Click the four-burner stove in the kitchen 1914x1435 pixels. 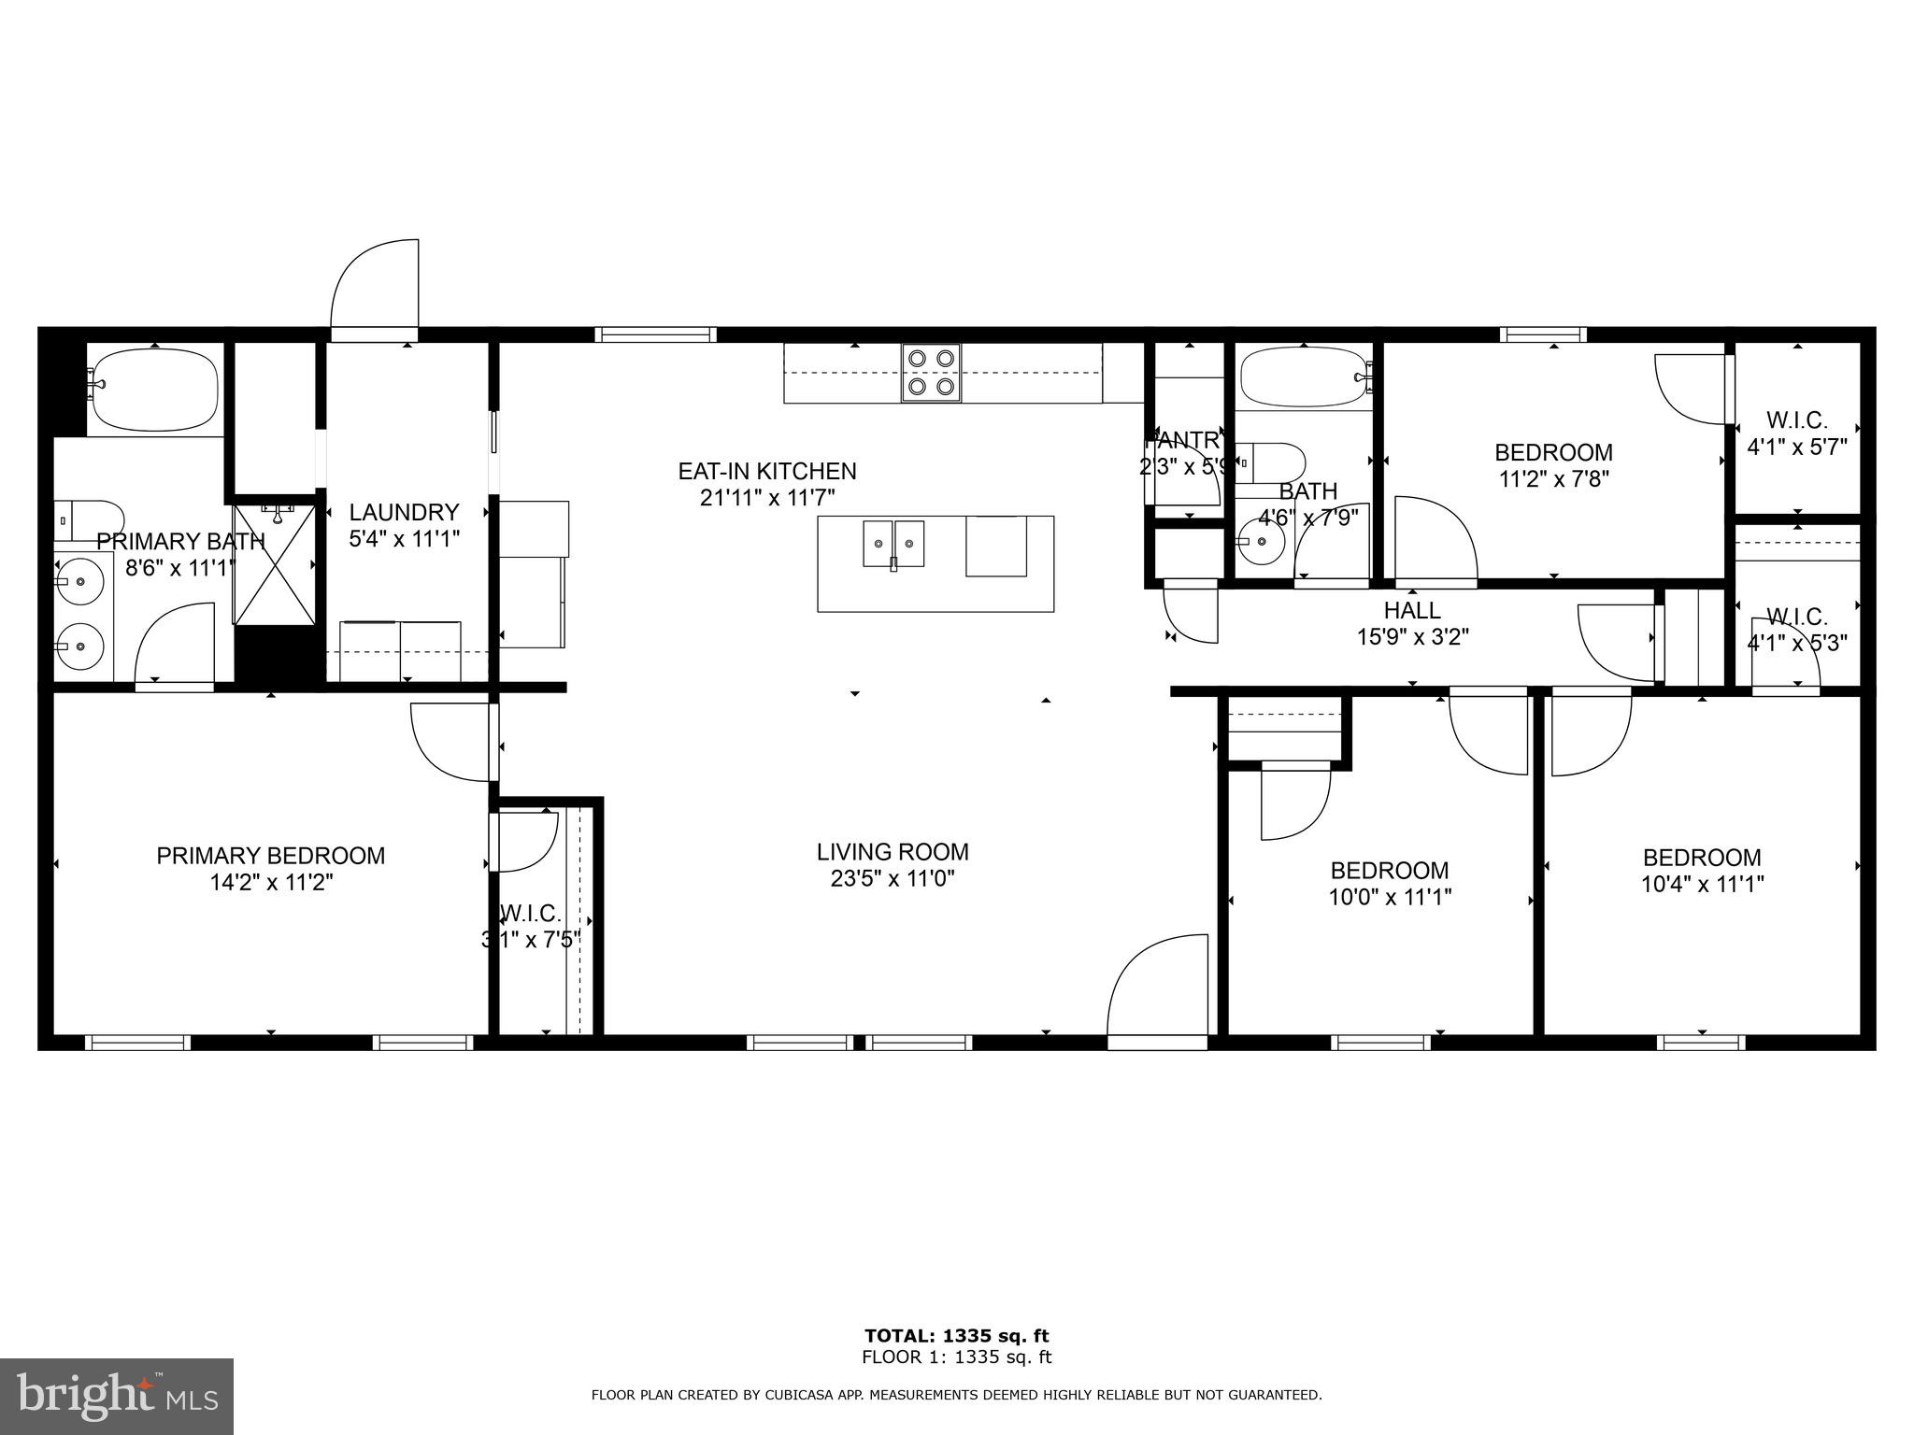(x=931, y=373)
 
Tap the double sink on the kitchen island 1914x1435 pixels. (x=893, y=544)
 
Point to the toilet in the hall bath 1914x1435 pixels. (x=1276, y=462)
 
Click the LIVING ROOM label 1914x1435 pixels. (x=893, y=852)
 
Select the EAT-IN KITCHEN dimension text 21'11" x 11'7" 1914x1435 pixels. (x=767, y=497)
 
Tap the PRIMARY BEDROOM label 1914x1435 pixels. (x=270, y=856)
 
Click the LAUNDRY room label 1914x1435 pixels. (x=404, y=512)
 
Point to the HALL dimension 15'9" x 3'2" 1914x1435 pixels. (x=1412, y=637)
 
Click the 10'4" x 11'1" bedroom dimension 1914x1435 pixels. (x=1702, y=884)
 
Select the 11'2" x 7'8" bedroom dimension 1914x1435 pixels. (x=1553, y=478)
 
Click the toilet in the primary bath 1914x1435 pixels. (x=90, y=518)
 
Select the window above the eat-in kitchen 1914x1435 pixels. (x=656, y=334)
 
